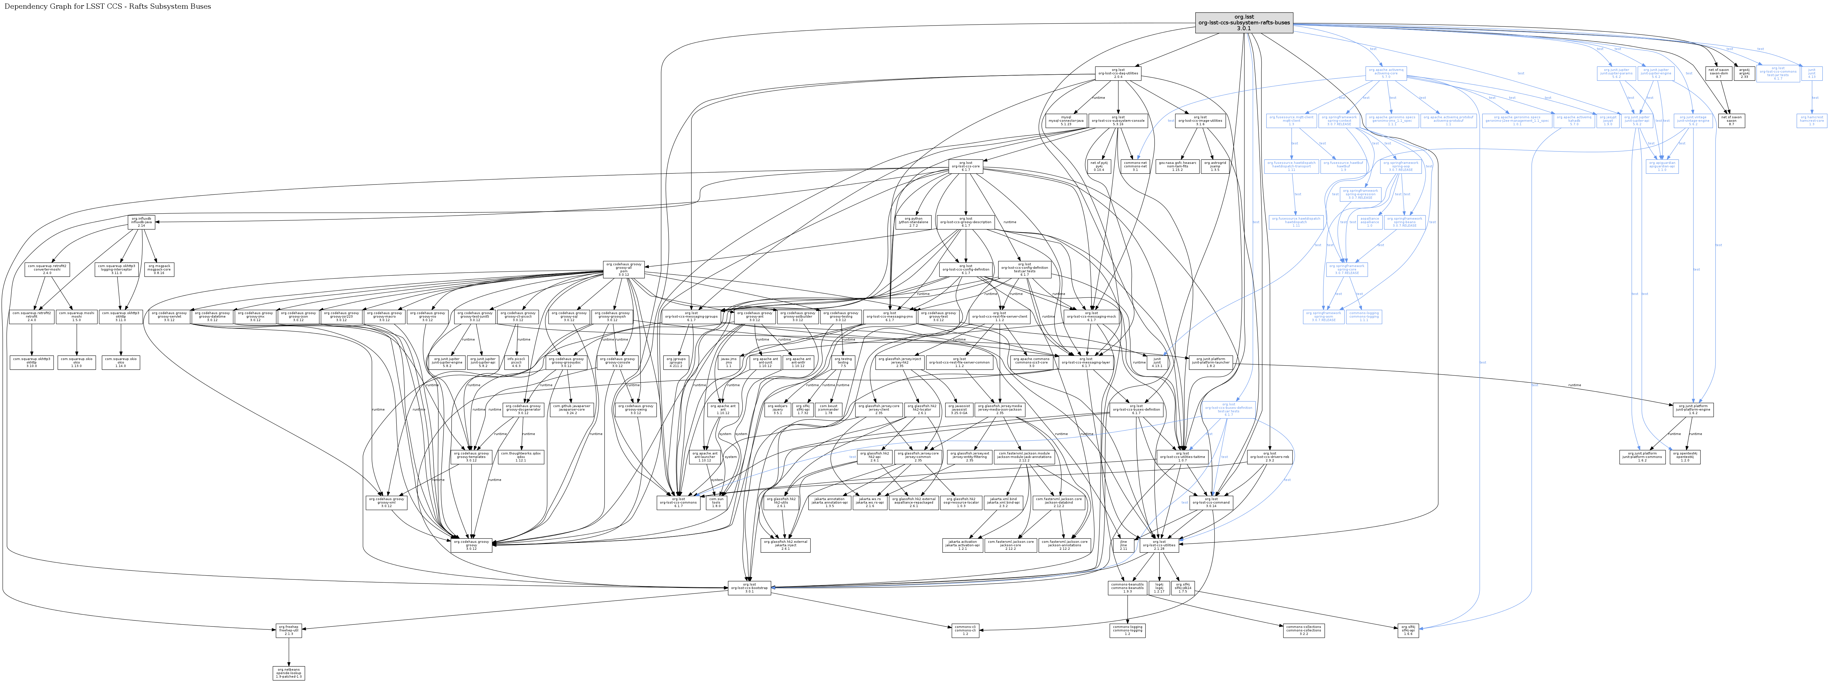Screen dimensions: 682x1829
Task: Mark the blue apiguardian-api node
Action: tap(1662, 168)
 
